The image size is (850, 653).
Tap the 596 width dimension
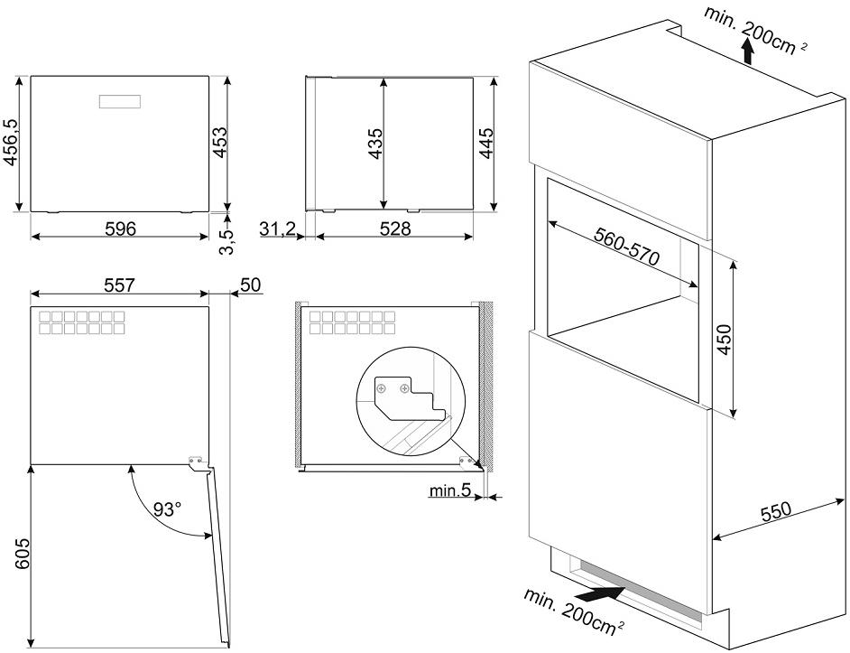click(120, 229)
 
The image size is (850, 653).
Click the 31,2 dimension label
click(277, 229)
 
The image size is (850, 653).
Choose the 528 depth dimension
click(393, 229)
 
